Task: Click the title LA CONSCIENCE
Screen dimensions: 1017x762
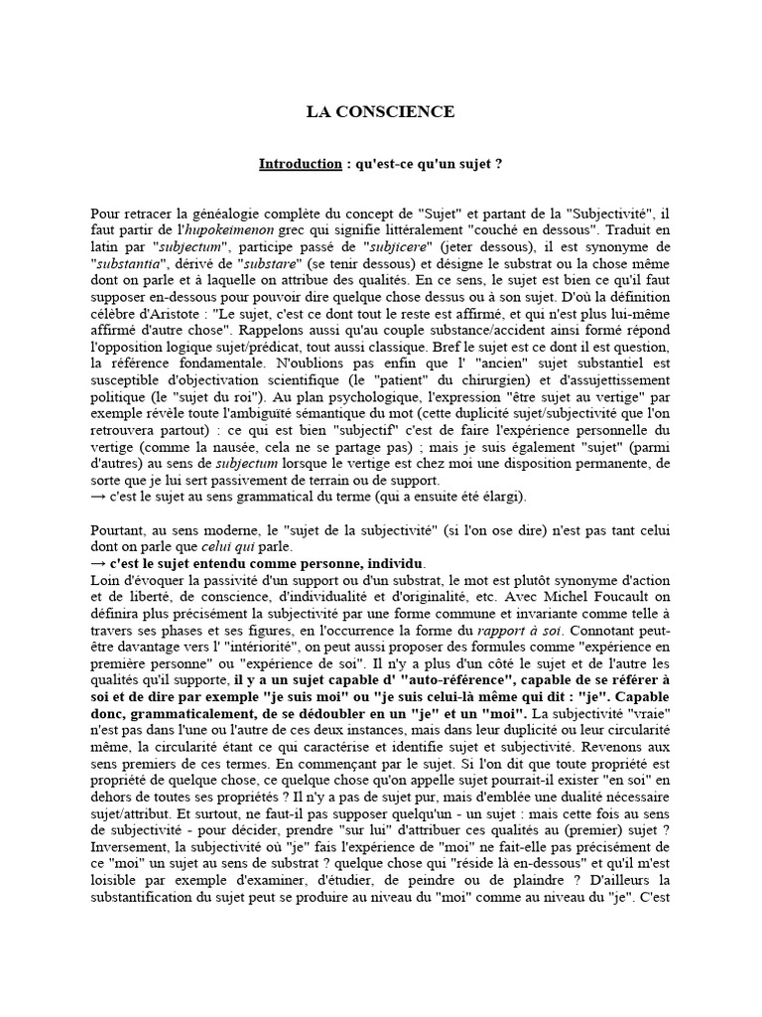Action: pyautogui.click(x=380, y=112)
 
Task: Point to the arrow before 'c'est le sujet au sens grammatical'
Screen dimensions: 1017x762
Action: pyautogui.click(x=98, y=497)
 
